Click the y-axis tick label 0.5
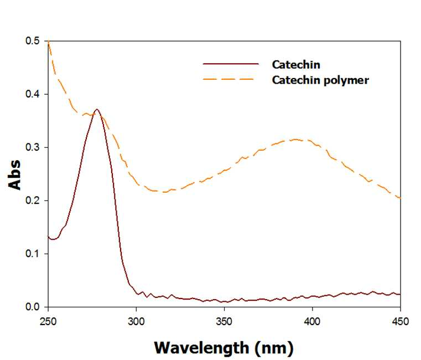click(x=33, y=41)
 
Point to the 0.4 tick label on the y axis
click(x=33, y=94)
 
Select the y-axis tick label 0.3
click(x=33, y=147)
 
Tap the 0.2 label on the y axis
click(x=33, y=200)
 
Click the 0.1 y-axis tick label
click(x=33, y=254)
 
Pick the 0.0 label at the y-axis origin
click(x=33, y=307)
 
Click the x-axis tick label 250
click(x=48, y=322)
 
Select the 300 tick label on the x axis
click(x=136, y=322)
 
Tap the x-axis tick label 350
click(x=224, y=322)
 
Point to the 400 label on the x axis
click(x=312, y=322)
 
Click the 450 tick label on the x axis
click(x=401, y=322)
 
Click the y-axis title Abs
click(x=14, y=175)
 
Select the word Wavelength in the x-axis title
click(x=201, y=348)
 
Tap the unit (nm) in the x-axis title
click(x=274, y=348)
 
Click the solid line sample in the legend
click(x=231, y=64)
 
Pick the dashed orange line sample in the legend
click(x=228, y=79)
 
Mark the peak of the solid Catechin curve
click(x=97, y=110)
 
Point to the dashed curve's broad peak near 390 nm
click(x=295, y=140)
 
